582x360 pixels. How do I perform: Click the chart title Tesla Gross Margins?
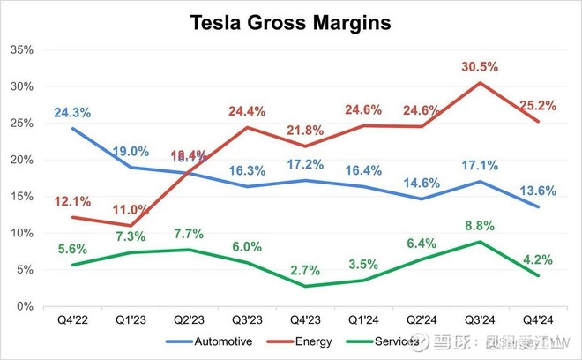290,24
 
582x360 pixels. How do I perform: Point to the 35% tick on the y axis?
21,50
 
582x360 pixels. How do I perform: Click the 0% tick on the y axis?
25,306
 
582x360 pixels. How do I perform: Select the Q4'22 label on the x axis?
72,319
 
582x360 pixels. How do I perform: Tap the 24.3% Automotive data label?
72,112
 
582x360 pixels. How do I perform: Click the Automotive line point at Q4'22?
72,129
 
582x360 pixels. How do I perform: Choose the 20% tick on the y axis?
21,160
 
